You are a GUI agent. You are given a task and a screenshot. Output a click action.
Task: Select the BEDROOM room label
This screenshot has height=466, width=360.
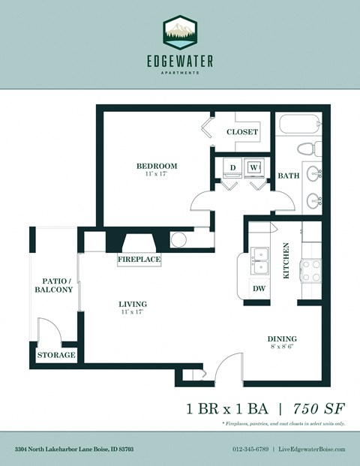tap(156, 166)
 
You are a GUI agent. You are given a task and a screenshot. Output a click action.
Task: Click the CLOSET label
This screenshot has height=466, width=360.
tap(242, 132)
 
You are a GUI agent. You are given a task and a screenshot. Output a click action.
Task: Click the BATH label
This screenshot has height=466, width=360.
tap(289, 176)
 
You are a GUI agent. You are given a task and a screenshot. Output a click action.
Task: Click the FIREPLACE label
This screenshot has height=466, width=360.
tap(139, 260)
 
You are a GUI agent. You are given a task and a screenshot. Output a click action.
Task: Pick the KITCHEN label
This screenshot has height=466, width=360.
tap(286, 261)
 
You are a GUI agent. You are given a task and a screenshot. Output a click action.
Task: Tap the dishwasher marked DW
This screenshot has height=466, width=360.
tap(259, 288)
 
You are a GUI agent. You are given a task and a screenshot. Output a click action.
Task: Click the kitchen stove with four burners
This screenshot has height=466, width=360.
tap(310, 270)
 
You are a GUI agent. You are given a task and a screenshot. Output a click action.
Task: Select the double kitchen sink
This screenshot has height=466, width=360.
tap(260, 262)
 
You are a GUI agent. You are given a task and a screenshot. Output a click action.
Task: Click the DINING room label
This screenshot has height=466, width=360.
tap(281, 338)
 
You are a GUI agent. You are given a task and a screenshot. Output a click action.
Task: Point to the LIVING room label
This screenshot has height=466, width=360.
tap(132, 304)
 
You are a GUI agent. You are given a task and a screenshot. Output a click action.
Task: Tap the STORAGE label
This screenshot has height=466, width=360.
tap(56, 355)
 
